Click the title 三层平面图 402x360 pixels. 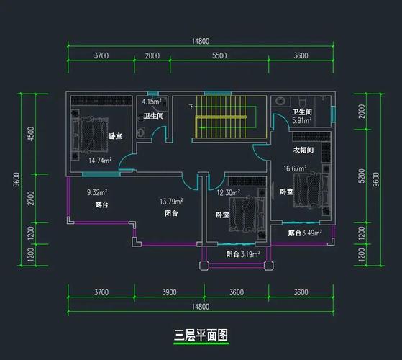point(201,335)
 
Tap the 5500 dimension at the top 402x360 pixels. point(219,55)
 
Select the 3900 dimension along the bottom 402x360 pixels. point(169,292)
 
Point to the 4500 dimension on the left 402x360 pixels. point(31,134)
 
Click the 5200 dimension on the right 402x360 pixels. point(362,176)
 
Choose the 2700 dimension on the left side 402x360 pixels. point(31,198)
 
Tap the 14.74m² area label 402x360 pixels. point(100,161)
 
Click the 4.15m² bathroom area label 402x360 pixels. point(152,102)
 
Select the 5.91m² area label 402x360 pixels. point(302,120)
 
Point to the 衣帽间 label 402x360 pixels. point(303,150)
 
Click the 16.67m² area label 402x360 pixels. point(295,168)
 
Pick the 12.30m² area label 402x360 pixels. point(229,192)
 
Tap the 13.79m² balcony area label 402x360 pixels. point(171,202)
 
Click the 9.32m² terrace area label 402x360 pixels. point(97,192)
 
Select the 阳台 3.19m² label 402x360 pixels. point(243,254)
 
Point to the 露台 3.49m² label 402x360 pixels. point(305,233)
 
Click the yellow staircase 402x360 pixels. point(221,117)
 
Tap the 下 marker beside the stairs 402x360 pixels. point(191,107)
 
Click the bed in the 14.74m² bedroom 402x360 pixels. point(90,134)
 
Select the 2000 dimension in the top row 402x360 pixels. point(152,55)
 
